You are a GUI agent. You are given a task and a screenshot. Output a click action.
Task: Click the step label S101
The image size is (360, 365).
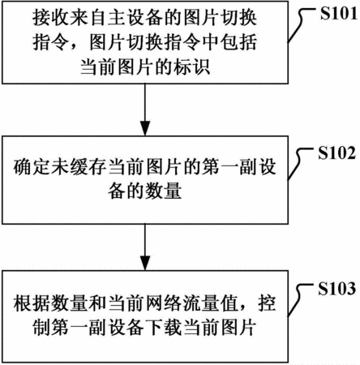339,13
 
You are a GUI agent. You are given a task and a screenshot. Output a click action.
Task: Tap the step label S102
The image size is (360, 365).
336,153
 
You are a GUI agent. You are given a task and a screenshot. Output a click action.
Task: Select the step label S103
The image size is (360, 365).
336,289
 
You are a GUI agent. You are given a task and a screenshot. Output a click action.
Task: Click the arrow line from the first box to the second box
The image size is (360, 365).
145,109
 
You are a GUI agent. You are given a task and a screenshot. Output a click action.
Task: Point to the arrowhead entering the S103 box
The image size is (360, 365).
145,263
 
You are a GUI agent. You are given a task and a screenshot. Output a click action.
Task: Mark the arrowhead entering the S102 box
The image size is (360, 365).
145,128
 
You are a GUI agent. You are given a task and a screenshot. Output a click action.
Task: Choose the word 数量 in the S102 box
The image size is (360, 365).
164,191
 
